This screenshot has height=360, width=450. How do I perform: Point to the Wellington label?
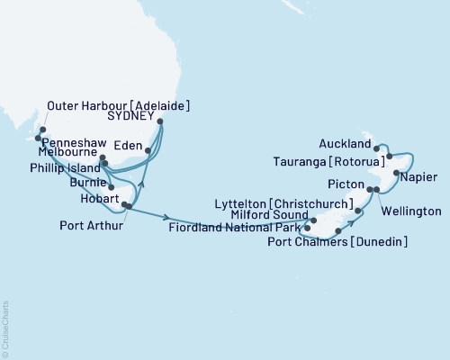point(410,211)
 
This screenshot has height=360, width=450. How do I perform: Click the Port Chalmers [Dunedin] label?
point(350,241)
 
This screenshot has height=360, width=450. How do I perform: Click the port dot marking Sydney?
point(160,121)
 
